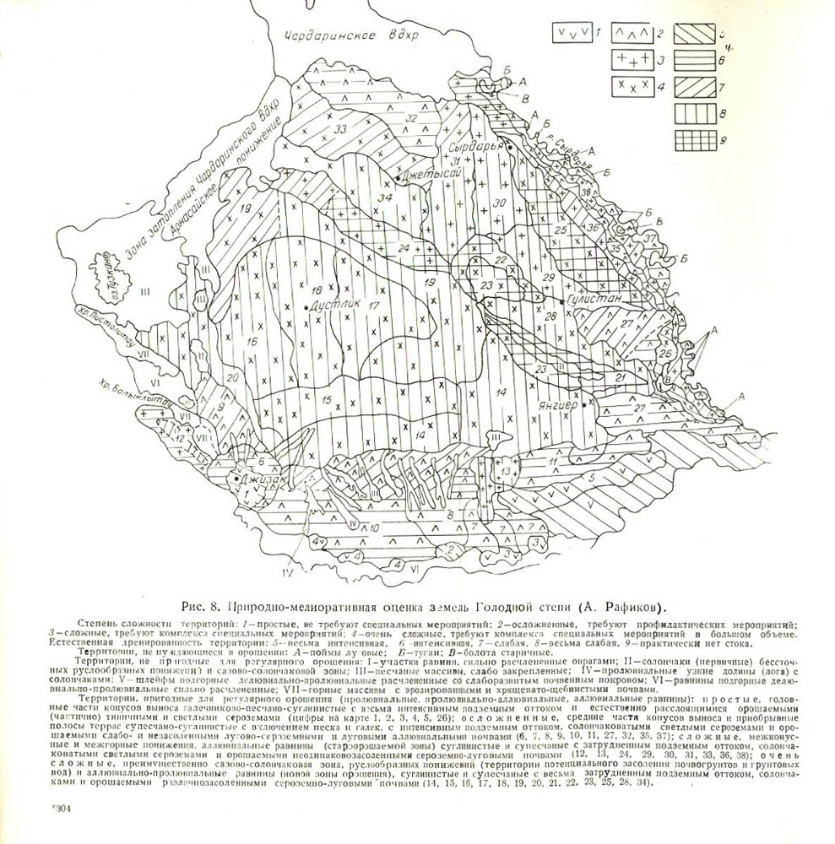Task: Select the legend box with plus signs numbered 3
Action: pyautogui.click(x=634, y=60)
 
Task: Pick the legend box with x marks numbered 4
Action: pyautogui.click(x=634, y=87)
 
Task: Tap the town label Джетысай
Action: pyautogui.click(x=431, y=174)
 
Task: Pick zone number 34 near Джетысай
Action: pyautogui.click(x=385, y=197)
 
